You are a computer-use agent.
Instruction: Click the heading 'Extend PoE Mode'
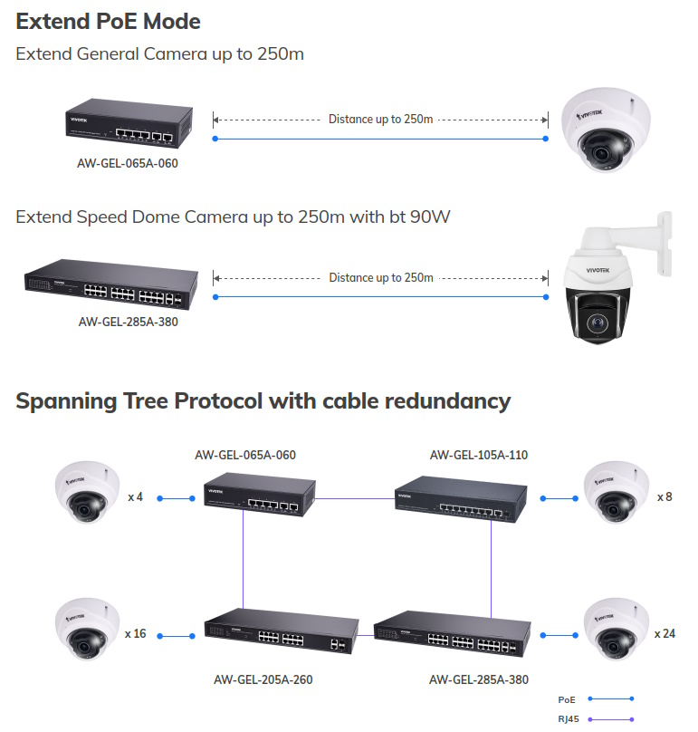tap(109, 22)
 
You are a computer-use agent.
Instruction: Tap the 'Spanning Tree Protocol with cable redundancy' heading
tap(263, 401)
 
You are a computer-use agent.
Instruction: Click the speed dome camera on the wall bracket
tap(616, 278)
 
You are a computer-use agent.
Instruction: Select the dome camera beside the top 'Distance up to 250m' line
tap(606, 130)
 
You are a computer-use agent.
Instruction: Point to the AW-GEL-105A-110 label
tap(479, 455)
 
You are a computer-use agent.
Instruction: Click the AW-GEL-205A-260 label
tap(263, 679)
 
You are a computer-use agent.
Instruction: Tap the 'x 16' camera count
tap(135, 634)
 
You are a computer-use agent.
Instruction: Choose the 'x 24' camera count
tap(665, 634)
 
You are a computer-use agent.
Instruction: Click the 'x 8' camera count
tap(665, 497)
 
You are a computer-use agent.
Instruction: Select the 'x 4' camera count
tap(135, 497)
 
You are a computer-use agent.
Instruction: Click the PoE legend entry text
tap(567, 699)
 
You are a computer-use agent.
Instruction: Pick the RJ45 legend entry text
tap(569, 719)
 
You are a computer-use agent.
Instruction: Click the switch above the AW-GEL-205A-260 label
tap(282, 631)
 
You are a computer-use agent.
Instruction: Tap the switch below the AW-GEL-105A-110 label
tap(461, 499)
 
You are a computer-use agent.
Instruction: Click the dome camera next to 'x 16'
tap(87, 630)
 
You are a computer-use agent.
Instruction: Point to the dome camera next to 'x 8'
tap(617, 493)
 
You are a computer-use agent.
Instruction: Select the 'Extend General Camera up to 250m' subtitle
tap(159, 54)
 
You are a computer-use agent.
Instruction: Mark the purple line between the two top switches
tap(355, 498)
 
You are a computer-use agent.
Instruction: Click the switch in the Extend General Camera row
tap(129, 123)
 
